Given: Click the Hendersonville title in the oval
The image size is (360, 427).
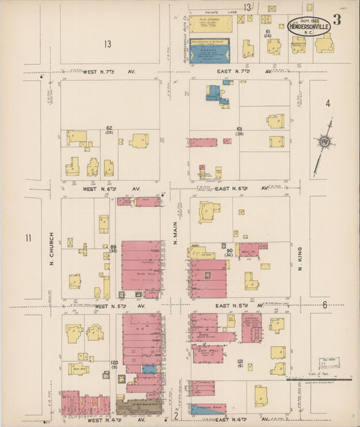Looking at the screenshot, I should click(x=309, y=28).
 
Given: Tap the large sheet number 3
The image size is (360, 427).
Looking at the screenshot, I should click(x=336, y=20).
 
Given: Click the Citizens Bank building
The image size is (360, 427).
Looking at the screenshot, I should click(x=207, y=409).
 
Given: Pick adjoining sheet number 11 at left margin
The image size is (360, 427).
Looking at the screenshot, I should click(x=28, y=238).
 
